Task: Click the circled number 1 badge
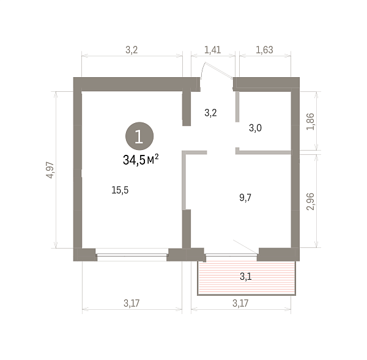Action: tap(139, 136)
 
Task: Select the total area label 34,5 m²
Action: tap(141, 159)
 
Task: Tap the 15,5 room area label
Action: tap(120, 190)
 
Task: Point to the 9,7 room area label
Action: tap(245, 198)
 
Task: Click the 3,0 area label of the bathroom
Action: tap(255, 128)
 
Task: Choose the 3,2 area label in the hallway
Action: tap(210, 113)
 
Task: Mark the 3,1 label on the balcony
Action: tap(245, 277)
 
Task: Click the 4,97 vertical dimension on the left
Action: tap(51, 170)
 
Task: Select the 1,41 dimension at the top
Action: tap(212, 50)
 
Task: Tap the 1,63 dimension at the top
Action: tap(264, 50)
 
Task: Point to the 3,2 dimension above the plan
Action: tap(132, 50)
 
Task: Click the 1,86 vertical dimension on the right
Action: tap(311, 122)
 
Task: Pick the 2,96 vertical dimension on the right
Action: tap(311, 201)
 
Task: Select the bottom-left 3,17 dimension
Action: tap(132, 303)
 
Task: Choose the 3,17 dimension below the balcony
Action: tap(240, 303)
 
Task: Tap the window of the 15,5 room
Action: tap(132, 255)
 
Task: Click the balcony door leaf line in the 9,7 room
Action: tap(245, 247)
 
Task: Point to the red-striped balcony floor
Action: tap(247, 278)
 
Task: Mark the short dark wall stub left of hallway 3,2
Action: tap(187, 108)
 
